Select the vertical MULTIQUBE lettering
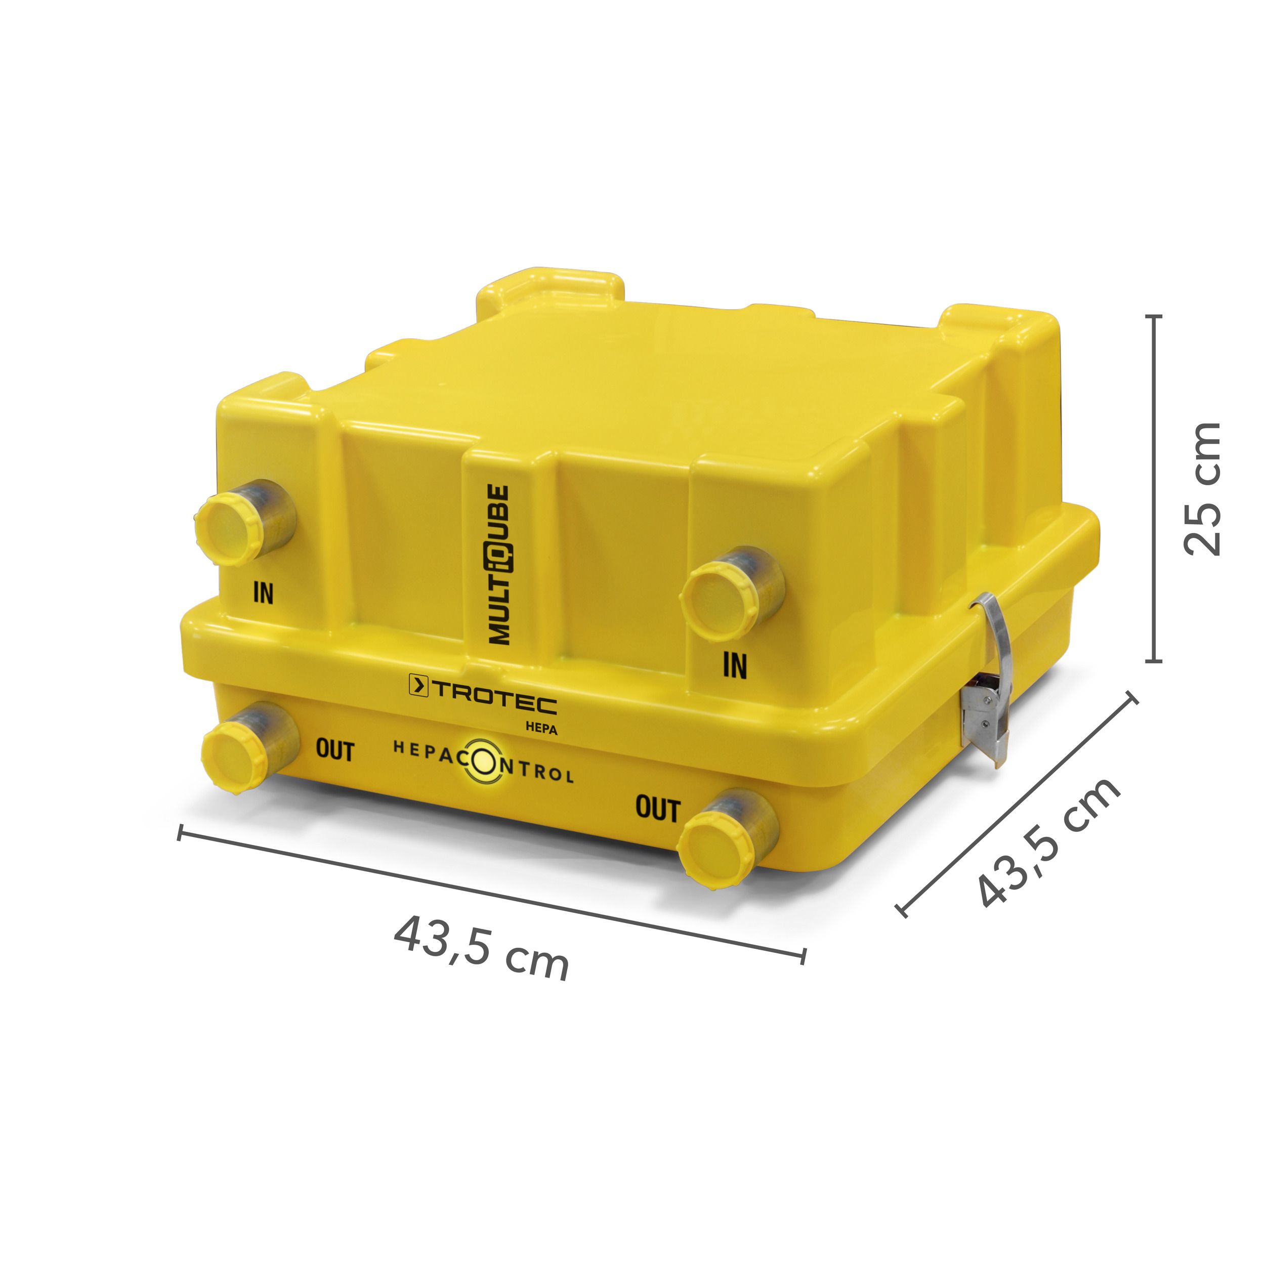498,564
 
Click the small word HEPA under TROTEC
541,729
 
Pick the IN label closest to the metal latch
735,665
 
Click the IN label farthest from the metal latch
263,593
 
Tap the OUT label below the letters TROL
657,809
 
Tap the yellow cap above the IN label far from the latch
229,530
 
